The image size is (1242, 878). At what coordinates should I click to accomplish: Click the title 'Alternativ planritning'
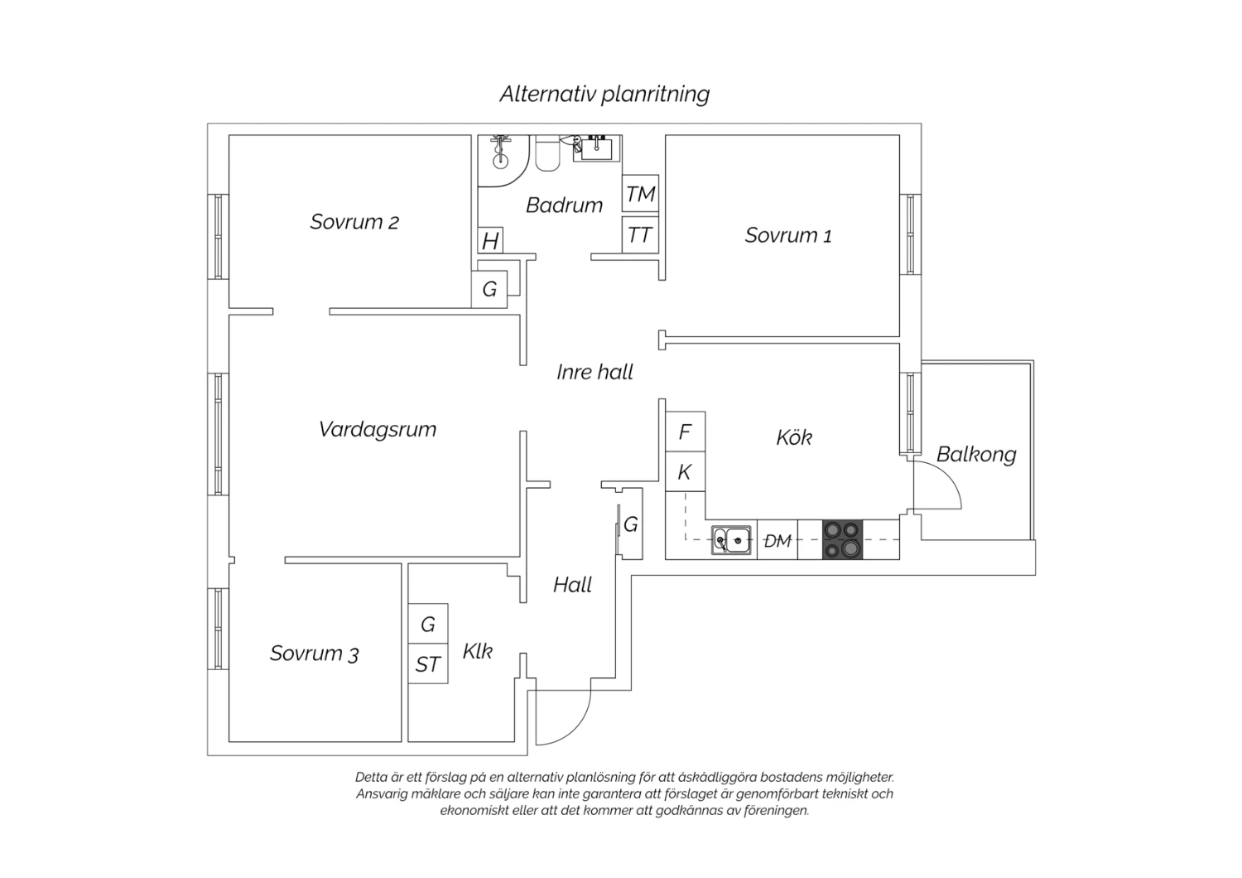pyautogui.click(x=604, y=94)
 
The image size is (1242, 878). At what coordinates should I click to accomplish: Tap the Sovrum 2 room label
pyautogui.click(x=354, y=222)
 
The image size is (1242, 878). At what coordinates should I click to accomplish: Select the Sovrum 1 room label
pyautogui.click(x=788, y=235)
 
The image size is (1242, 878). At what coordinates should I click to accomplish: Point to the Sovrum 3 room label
pyautogui.click(x=315, y=654)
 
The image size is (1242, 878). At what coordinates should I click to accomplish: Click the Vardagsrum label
pyautogui.click(x=378, y=429)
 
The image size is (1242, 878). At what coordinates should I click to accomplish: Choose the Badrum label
pyautogui.click(x=564, y=205)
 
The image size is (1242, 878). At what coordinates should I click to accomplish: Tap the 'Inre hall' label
pyautogui.click(x=595, y=372)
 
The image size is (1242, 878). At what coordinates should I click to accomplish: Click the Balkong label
pyautogui.click(x=976, y=455)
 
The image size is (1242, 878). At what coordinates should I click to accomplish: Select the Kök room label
pyautogui.click(x=794, y=437)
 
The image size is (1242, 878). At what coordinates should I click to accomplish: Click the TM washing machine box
pyautogui.click(x=640, y=194)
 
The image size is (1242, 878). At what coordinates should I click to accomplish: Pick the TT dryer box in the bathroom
pyautogui.click(x=640, y=235)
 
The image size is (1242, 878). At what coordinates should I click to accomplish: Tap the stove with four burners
pyautogui.click(x=842, y=539)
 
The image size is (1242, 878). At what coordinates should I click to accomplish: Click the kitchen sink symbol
pyautogui.click(x=731, y=540)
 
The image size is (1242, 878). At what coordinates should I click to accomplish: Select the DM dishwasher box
pyautogui.click(x=777, y=540)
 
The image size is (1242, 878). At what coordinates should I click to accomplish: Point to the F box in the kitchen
pyautogui.click(x=686, y=432)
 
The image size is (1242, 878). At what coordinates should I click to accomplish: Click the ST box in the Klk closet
pyautogui.click(x=428, y=663)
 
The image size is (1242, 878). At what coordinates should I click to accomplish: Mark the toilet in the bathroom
pyautogui.click(x=548, y=153)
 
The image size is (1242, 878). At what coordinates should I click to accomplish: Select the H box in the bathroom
pyautogui.click(x=490, y=240)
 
